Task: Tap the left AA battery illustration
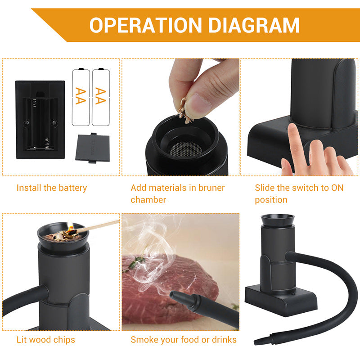coord(81,96)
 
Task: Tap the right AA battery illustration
coord(101,96)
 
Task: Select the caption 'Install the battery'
coord(52,188)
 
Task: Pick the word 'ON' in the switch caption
coord(337,188)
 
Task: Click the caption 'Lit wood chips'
coord(46,340)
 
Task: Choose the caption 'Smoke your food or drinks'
coord(184,340)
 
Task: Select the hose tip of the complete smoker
coord(260,340)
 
